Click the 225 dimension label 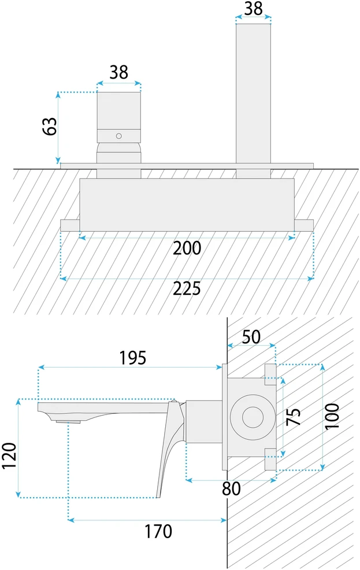(187, 289)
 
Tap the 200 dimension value (187, 249)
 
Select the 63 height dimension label (50, 126)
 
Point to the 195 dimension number (133, 358)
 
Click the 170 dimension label (158, 531)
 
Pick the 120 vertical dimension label (9, 456)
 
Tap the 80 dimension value (231, 489)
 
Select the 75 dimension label (294, 417)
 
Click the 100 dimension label (332, 416)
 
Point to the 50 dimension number (251, 337)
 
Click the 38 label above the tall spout (253, 8)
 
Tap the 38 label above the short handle (119, 72)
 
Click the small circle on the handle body (119, 136)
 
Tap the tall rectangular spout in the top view (253, 94)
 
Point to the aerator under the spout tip (68, 421)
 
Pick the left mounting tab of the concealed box (70, 225)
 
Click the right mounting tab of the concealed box (304, 225)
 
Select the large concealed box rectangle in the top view (187, 205)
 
